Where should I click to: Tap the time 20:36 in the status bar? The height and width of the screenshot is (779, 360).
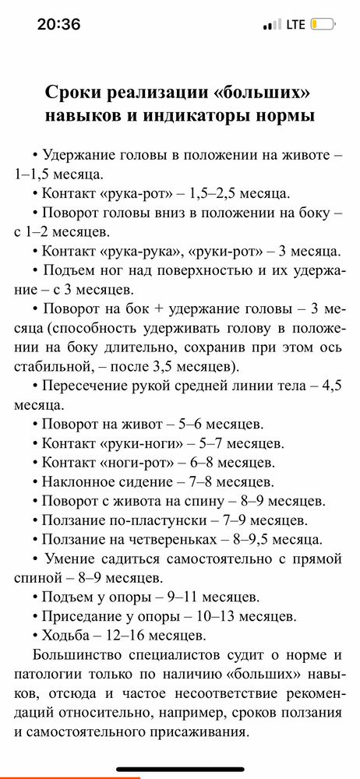point(59,24)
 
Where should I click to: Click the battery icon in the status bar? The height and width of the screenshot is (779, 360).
point(323,24)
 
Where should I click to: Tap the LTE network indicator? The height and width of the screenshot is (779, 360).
point(295,24)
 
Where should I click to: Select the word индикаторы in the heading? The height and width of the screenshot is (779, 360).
point(199,116)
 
